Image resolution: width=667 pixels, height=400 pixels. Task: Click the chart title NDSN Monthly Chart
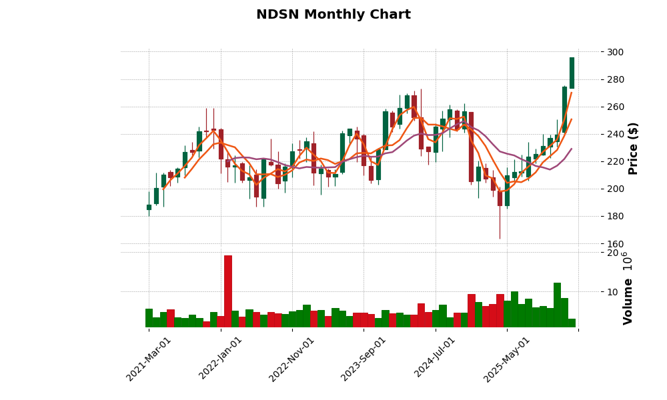pyautogui.click(x=333, y=15)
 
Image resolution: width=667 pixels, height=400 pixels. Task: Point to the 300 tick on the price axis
pyautogui.click(x=616, y=53)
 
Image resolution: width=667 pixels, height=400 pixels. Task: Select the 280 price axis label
pyautogui.click(x=616, y=80)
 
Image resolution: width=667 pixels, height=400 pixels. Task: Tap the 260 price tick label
pyautogui.click(x=616, y=107)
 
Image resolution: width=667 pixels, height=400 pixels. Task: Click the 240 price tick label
pyautogui.click(x=616, y=135)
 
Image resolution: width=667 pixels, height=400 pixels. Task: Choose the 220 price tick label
pyautogui.click(x=616, y=162)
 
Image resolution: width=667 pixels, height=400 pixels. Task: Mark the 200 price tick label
pyautogui.click(x=616, y=189)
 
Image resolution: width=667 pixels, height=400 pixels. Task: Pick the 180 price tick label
pyautogui.click(x=616, y=217)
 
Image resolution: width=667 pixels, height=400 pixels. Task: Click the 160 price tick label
pyautogui.click(x=616, y=244)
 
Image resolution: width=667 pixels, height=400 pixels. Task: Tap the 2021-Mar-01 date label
pyautogui.click(x=149, y=359)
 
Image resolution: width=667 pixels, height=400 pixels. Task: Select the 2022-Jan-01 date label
pyautogui.click(x=221, y=359)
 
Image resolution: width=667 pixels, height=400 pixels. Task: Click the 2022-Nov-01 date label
pyautogui.click(x=291, y=359)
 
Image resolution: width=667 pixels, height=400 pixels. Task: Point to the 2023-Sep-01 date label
pyautogui.click(x=364, y=359)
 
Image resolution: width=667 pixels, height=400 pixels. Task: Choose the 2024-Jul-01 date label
pyautogui.click(x=435, y=359)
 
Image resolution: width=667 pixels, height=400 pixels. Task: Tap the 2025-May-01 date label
pyautogui.click(x=507, y=359)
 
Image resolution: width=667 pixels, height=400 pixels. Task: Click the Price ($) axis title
pyautogui.click(x=634, y=148)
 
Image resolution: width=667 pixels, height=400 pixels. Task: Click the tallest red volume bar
pyautogui.click(x=228, y=291)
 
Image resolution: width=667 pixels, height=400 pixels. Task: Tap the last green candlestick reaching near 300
pyautogui.click(x=572, y=73)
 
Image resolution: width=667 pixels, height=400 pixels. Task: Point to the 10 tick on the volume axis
pyautogui.click(x=612, y=292)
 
